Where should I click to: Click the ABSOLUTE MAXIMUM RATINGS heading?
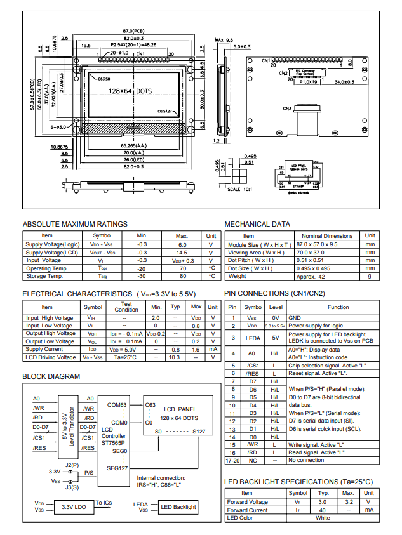[x=75, y=224]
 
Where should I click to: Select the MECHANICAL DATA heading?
[x=257, y=224]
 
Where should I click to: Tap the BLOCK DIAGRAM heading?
[x=51, y=376]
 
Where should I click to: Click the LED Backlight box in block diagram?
[x=178, y=507]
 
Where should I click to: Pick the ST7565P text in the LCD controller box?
[x=114, y=443]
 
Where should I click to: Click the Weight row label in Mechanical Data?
[x=237, y=276]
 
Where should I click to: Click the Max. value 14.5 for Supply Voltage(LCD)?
[x=182, y=253]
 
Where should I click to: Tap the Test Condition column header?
[x=126, y=307]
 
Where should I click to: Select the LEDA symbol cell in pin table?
[x=252, y=338]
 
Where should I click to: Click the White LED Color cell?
[x=323, y=518]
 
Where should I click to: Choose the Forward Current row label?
[x=247, y=510]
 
